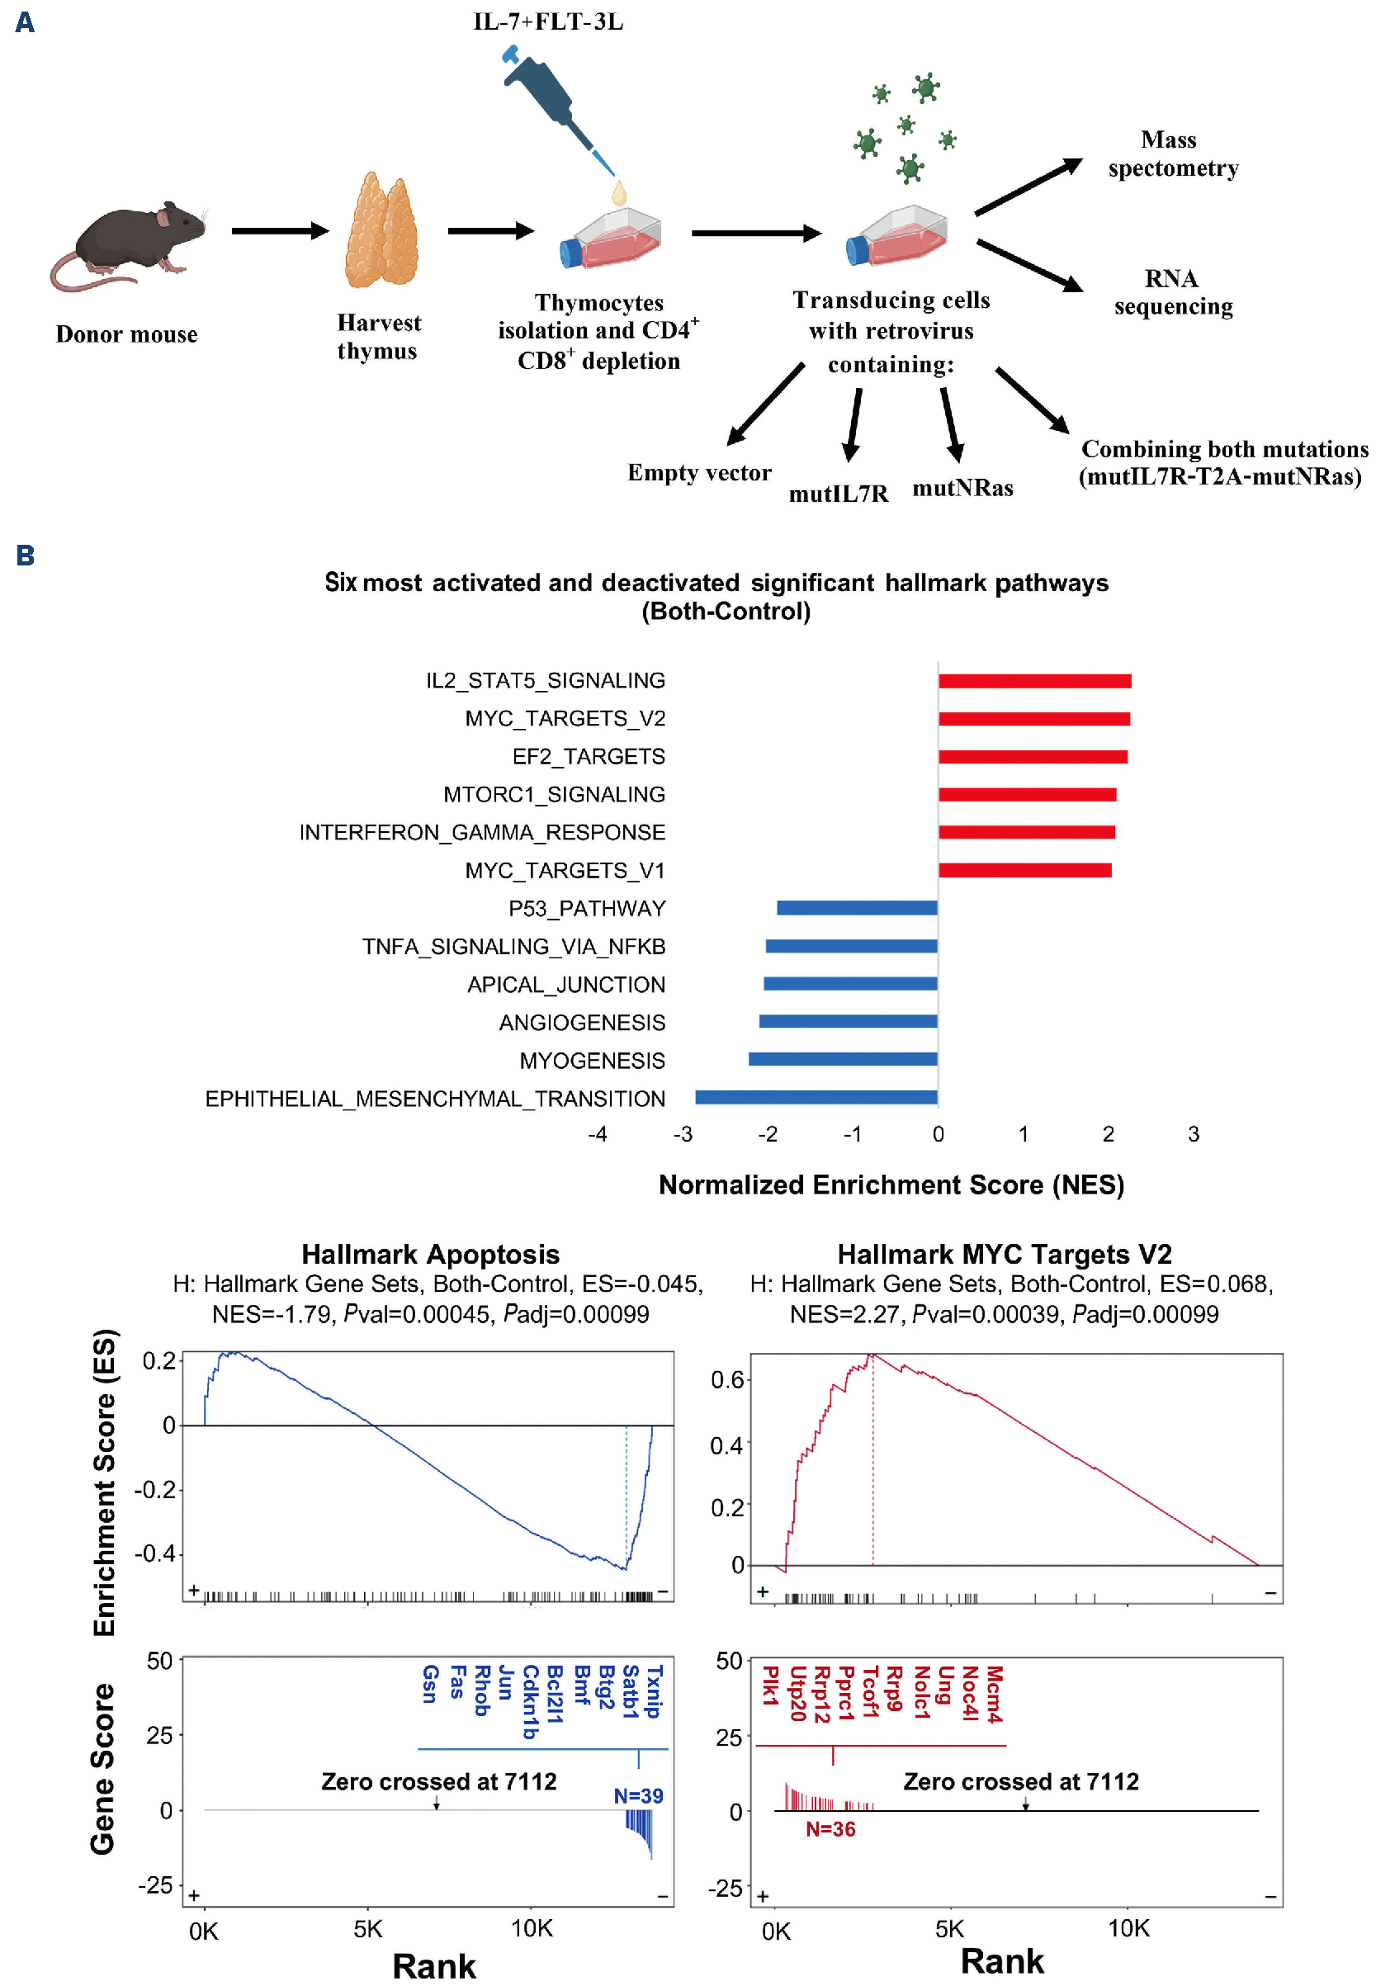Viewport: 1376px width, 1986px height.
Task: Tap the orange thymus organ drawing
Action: click(381, 231)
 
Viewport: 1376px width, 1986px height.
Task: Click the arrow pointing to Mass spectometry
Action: click(1028, 187)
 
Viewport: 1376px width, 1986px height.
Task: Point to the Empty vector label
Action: click(699, 472)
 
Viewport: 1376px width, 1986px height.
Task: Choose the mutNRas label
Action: click(962, 488)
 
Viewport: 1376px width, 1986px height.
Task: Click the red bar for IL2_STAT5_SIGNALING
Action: click(1034, 681)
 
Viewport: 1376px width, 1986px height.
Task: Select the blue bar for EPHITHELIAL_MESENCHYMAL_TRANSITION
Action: click(816, 1097)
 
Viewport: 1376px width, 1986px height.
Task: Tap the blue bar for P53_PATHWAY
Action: click(857, 908)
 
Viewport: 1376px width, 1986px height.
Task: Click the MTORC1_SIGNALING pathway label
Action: click(555, 794)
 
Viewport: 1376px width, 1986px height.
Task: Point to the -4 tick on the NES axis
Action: click(598, 1134)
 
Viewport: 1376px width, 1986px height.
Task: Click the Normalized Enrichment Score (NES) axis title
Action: click(891, 1185)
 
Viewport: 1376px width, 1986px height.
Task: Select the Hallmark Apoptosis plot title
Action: click(430, 1254)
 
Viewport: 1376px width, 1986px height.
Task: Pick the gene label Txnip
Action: click(654, 1691)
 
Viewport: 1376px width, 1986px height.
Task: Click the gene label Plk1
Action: click(770, 1686)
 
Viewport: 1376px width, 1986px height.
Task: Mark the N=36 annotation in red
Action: click(830, 1829)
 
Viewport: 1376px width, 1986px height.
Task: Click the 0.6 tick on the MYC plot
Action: click(727, 1380)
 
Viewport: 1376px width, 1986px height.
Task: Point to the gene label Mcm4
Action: click(994, 1694)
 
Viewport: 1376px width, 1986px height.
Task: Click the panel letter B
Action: click(25, 556)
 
